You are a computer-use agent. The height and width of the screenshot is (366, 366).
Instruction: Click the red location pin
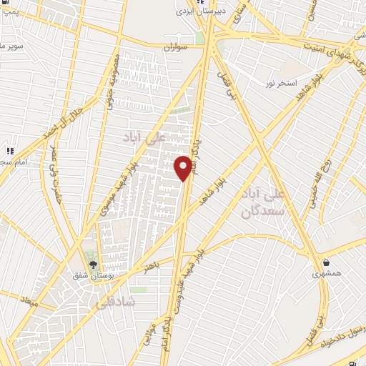tap(183, 167)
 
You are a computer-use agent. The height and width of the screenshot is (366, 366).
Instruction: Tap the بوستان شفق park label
tap(90, 274)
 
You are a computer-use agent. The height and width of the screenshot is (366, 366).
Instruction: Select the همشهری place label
tap(327, 273)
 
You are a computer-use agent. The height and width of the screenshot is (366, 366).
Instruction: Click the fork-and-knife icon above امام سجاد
tap(9, 152)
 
